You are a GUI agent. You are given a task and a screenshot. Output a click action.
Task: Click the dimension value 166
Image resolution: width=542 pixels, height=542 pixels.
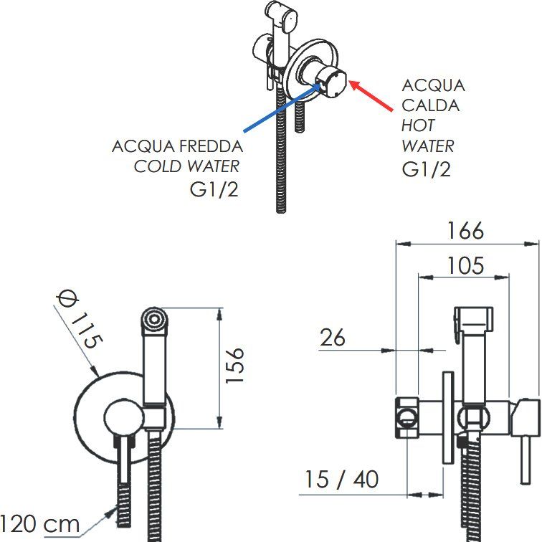click(x=466, y=231)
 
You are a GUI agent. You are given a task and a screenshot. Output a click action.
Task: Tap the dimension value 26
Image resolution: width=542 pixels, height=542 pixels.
click(x=332, y=337)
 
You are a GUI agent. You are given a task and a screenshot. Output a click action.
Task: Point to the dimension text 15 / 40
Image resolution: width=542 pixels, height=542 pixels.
click(x=341, y=479)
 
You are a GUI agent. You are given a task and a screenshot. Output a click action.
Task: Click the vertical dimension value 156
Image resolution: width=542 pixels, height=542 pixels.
click(x=234, y=366)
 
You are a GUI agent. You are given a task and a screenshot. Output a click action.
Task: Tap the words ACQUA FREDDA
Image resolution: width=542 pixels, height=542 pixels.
click(x=177, y=146)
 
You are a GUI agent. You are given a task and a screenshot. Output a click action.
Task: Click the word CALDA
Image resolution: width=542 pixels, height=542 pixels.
click(x=430, y=105)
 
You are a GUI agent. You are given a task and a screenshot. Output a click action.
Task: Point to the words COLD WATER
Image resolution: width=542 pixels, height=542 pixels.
click(x=186, y=167)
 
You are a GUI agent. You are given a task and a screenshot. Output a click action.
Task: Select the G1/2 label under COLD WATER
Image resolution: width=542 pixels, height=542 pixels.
click(x=214, y=191)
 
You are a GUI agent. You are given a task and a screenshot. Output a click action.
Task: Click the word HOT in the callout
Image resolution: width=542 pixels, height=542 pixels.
click(x=418, y=125)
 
